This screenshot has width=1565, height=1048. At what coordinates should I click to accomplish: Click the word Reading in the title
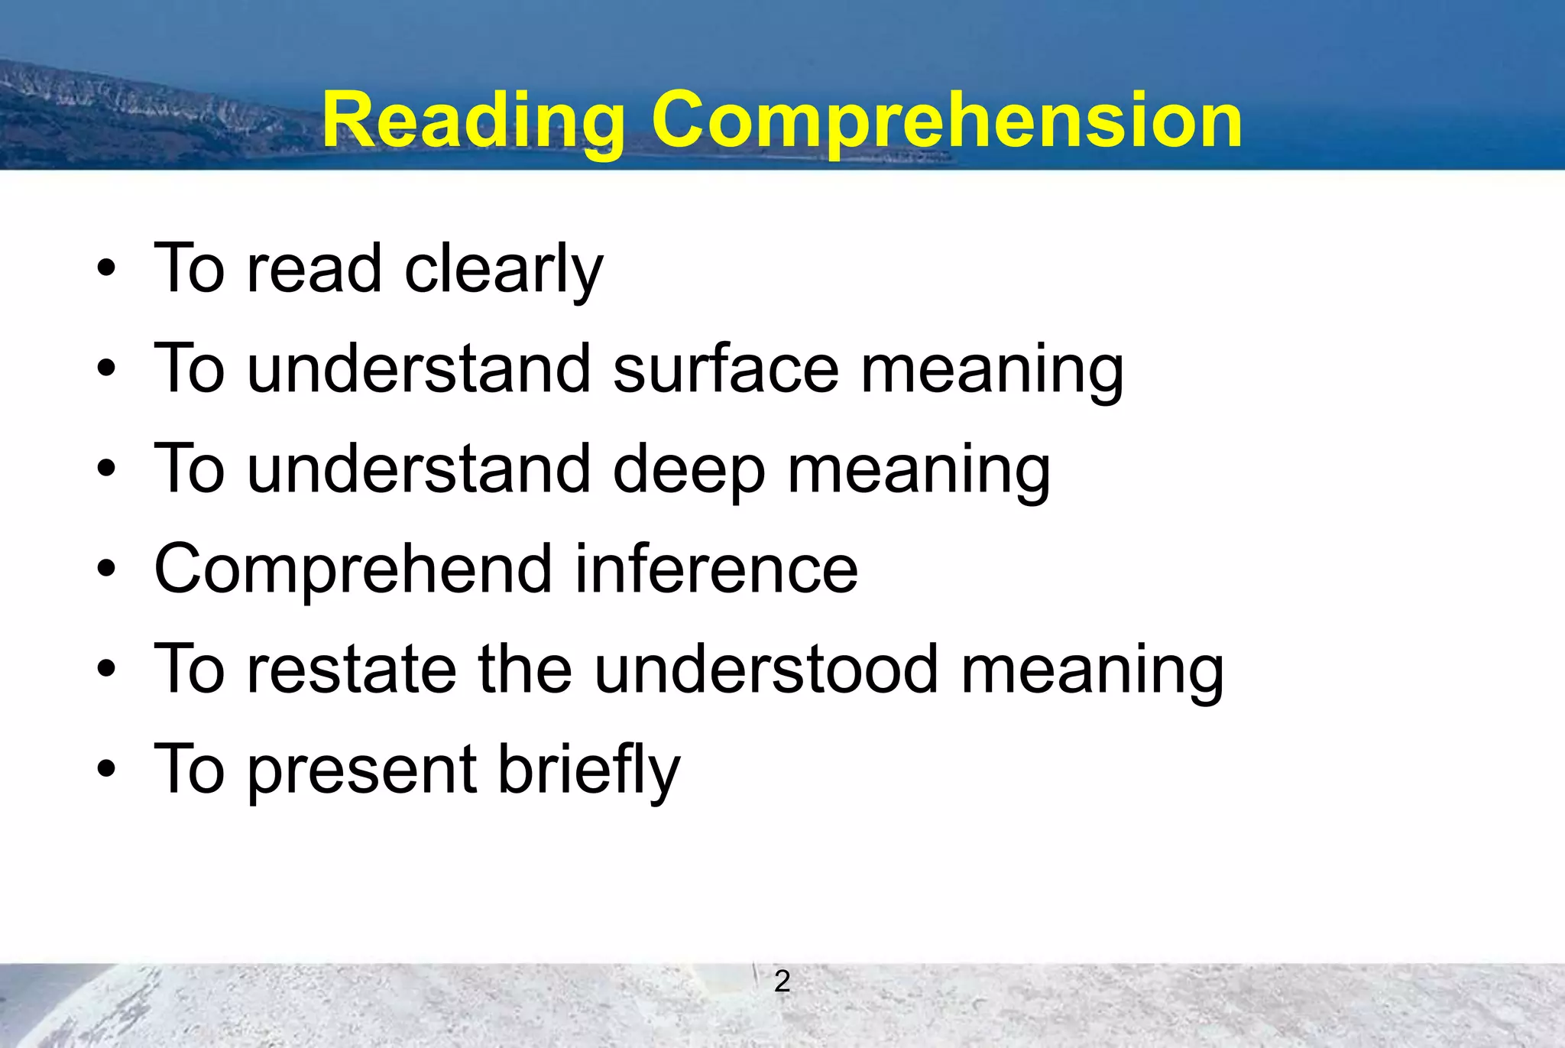click(x=473, y=122)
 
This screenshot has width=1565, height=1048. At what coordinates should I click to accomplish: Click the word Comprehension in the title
click(x=946, y=122)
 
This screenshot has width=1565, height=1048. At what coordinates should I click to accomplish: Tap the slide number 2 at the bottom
click(x=782, y=981)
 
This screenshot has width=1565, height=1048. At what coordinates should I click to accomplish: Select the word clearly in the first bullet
click(x=504, y=269)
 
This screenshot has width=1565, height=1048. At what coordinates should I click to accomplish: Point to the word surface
click(x=726, y=369)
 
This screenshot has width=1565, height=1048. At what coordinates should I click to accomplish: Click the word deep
click(x=689, y=469)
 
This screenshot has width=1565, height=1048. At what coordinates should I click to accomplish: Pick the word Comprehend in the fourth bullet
click(x=353, y=569)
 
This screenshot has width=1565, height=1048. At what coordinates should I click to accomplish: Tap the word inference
click(x=716, y=569)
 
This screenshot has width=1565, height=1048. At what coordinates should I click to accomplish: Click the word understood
click(x=766, y=670)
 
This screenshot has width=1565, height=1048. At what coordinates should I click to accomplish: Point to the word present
click(x=361, y=770)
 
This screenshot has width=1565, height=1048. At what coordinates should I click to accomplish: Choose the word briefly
click(x=588, y=770)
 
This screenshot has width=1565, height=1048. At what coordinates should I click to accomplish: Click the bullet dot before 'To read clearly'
click(x=106, y=269)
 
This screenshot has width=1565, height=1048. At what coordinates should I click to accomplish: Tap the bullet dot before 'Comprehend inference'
click(x=106, y=569)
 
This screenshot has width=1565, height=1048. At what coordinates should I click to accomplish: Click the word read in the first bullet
click(x=313, y=269)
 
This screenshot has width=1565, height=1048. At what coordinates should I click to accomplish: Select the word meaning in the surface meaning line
click(x=992, y=369)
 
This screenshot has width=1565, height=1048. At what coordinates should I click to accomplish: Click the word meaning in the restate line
click(x=1092, y=670)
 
